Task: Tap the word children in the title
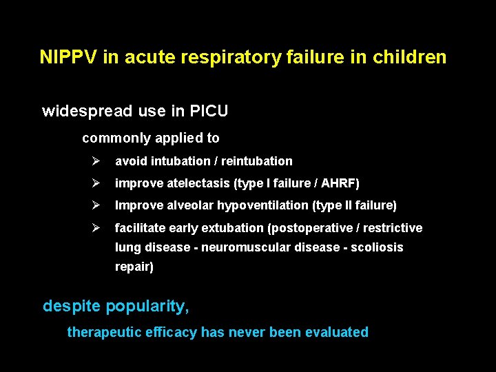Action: pos(412,56)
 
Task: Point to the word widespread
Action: pos(85,111)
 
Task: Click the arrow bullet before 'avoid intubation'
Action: pos(96,161)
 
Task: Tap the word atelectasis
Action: pos(195,183)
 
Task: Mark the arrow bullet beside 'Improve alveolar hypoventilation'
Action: pos(96,205)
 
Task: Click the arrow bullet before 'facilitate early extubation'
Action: pos(96,228)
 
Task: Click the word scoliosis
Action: pos(378,247)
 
